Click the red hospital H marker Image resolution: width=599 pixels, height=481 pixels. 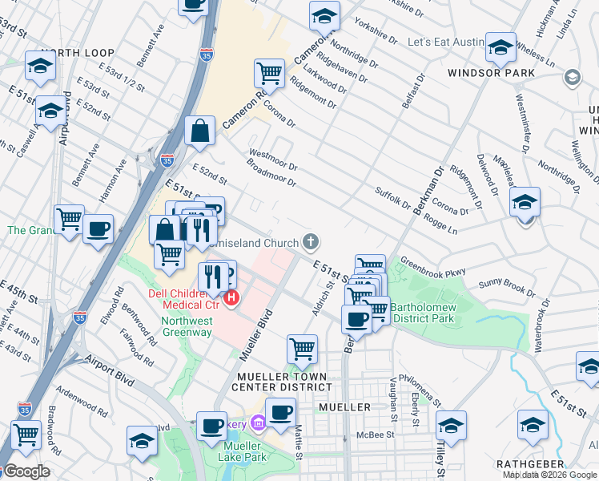click(231, 299)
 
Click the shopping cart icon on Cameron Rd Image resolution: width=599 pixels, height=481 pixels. click(270, 73)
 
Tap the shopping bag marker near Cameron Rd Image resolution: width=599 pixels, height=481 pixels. click(199, 131)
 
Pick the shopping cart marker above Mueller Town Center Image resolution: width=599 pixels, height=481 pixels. click(303, 349)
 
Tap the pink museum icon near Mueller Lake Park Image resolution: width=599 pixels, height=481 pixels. click(259, 422)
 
